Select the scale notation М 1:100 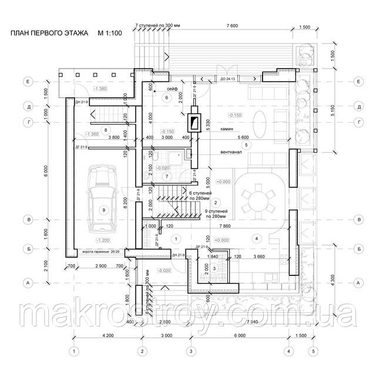[x=109, y=33]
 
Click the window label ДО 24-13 [x=228, y=78]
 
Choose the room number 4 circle [x=256, y=238]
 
